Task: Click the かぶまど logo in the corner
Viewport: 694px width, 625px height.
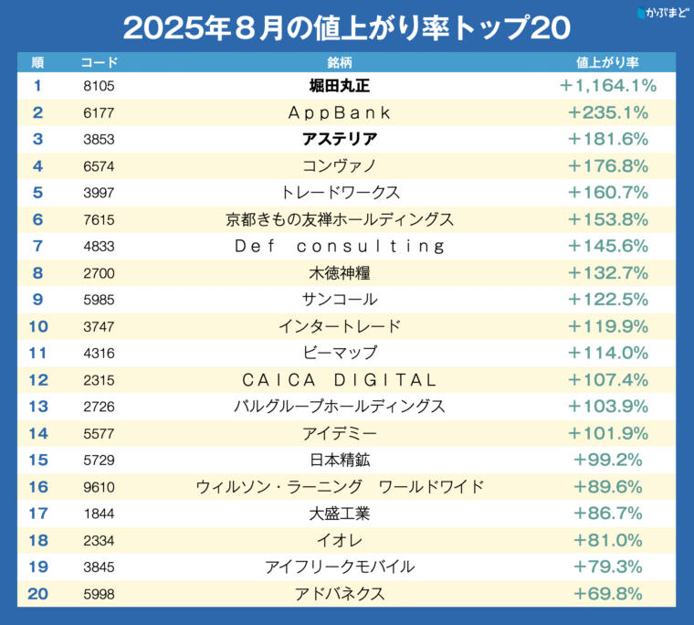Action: pos(663,12)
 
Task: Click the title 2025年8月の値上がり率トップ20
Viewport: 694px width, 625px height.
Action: pos(347,28)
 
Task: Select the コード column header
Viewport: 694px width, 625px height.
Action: pos(100,62)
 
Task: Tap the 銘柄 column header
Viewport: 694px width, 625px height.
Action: pos(340,62)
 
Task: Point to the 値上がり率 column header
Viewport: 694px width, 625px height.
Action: pos(607,62)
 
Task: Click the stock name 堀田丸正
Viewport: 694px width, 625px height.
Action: pos(340,86)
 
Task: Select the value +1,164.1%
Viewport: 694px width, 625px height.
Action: pos(607,86)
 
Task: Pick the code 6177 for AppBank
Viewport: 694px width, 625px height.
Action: pos(99,113)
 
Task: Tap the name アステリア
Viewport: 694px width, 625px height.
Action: pos(340,139)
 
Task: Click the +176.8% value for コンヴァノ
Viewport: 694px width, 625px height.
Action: pos(607,166)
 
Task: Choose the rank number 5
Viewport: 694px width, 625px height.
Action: pos(37,193)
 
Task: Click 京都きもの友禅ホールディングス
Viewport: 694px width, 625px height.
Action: pos(340,219)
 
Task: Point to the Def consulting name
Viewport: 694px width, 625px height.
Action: pos(340,247)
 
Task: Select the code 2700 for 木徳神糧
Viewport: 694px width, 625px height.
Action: pos(99,273)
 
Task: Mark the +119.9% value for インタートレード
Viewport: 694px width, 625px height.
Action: pos(607,326)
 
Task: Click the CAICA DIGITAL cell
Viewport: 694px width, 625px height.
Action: pos(340,380)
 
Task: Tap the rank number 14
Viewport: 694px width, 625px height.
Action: pos(38,433)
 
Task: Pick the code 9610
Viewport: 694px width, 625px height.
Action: pos(99,487)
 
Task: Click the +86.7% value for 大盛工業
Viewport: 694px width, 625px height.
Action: pos(607,514)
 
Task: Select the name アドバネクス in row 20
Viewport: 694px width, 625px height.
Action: pos(340,594)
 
